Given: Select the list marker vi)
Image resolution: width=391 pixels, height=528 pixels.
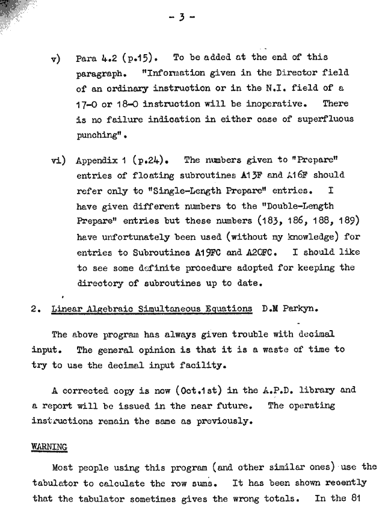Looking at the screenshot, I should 58,161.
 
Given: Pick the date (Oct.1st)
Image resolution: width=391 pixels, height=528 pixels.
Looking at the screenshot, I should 212,390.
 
